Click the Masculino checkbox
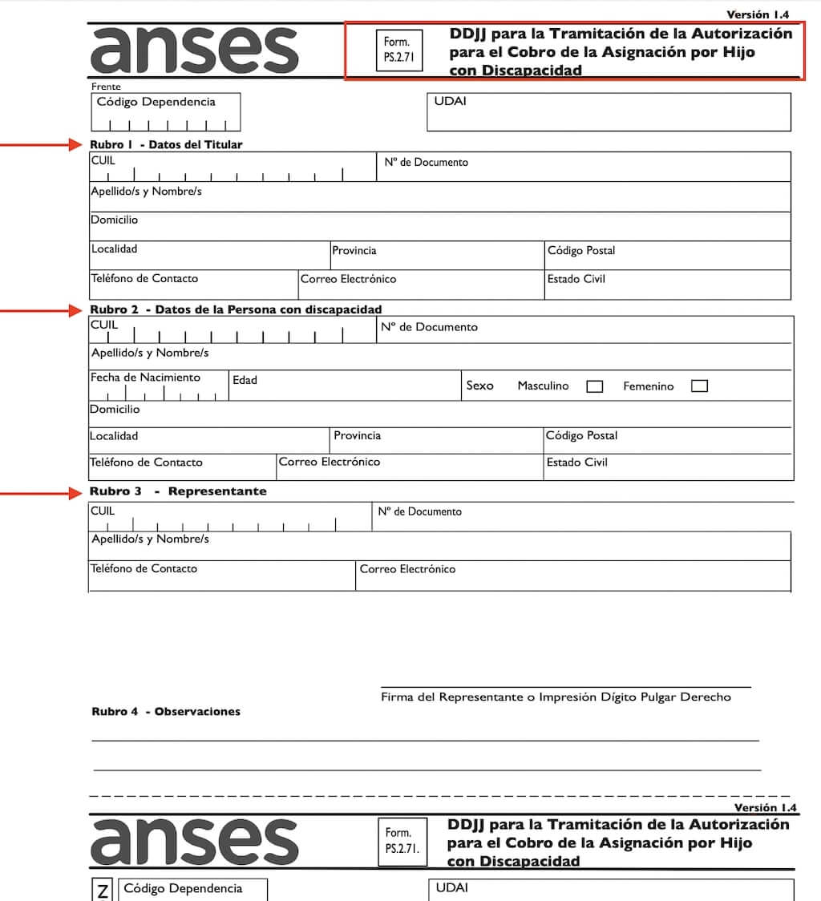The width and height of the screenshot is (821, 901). coord(594,386)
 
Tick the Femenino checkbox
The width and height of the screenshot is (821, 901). coord(699,386)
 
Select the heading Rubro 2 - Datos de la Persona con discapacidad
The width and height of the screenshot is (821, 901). coord(236,309)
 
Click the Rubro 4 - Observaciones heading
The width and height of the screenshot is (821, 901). coord(166,712)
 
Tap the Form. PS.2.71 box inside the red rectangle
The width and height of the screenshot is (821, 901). coord(398,50)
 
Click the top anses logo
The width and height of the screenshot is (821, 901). coord(195,50)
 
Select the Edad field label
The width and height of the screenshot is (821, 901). coord(245,380)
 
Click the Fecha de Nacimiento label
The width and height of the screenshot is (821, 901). coord(145,378)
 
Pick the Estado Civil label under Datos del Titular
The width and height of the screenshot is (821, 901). coord(576,280)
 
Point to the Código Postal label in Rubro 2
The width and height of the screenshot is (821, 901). coord(581,436)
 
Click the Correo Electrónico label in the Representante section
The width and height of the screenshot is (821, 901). coord(407,569)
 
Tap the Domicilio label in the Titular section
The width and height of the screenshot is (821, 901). coord(114,220)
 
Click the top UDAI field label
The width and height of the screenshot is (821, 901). coord(450,102)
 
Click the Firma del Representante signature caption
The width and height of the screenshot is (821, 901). coord(556,697)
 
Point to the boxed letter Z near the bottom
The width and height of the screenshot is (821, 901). coord(102,891)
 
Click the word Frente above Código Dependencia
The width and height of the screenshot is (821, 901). coord(106,87)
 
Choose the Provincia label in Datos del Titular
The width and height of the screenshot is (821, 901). coord(354,251)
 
